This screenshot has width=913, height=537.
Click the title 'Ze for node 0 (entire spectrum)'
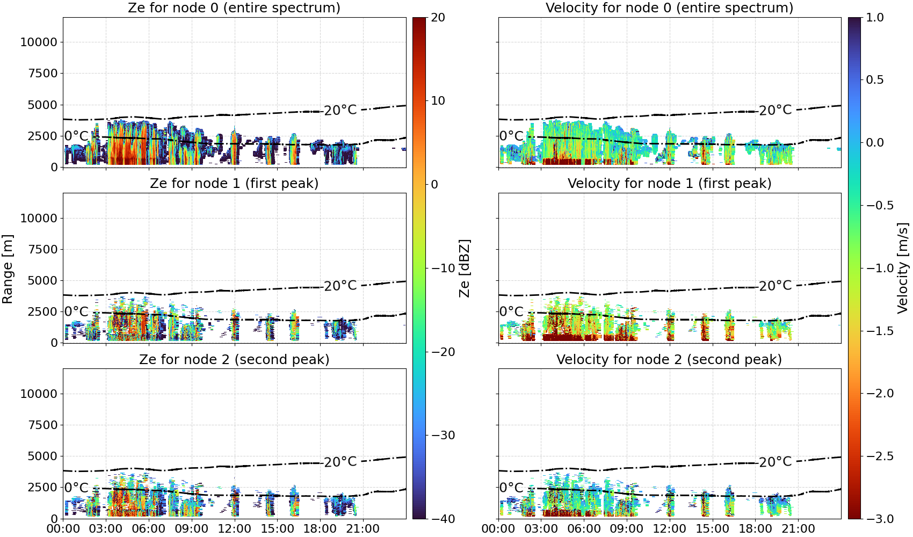pos(234,8)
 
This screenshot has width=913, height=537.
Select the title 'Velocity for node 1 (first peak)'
pos(670,183)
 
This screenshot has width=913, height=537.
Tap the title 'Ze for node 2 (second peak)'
pos(234,359)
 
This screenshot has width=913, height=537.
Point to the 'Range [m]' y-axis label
pos(8,268)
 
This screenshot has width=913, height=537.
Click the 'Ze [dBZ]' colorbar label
pos(465,268)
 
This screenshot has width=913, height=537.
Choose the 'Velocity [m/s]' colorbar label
pos(903,268)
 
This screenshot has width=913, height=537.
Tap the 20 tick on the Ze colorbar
pos(438,18)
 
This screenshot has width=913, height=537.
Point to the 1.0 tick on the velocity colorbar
pos(875,18)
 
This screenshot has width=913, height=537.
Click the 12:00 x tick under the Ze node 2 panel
pos(234,529)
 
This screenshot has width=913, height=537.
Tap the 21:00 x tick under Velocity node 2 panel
pos(798,529)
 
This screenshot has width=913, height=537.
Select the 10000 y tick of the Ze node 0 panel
pos(39,42)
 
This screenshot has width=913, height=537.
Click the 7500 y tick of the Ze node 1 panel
pos(43,249)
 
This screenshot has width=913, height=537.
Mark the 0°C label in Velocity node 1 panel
pos(511,311)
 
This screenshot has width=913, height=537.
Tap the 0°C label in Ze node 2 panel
pos(77,488)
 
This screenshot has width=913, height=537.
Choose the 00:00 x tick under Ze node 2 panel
pos(63,529)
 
